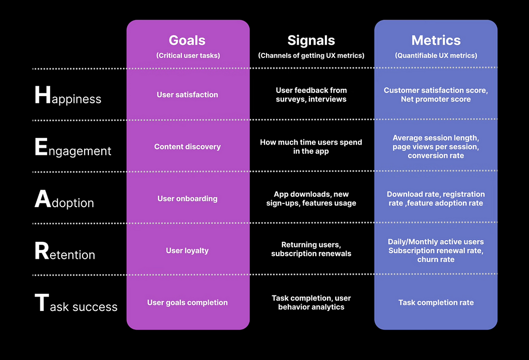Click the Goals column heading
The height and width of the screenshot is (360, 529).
(187, 40)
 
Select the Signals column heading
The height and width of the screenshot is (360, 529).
(311, 41)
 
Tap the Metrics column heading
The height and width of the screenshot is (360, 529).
(436, 40)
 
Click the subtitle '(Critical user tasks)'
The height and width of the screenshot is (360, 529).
(188, 56)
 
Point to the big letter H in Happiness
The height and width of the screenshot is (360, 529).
(43, 95)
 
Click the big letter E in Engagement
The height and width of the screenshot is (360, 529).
(41, 147)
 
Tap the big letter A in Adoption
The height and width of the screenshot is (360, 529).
(43, 199)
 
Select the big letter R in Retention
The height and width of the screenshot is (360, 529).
(42, 251)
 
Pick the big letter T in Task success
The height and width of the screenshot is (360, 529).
(42, 302)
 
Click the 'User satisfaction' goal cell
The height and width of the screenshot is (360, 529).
(187, 95)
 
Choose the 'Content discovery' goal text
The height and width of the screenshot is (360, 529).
(187, 147)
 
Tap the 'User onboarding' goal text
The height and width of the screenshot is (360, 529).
(187, 199)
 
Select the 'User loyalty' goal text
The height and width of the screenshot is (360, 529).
(187, 251)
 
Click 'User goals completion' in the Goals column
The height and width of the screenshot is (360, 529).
(187, 303)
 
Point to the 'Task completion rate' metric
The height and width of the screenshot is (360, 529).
(436, 303)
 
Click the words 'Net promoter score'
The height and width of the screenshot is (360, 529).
(436, 99)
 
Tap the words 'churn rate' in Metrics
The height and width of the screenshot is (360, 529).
(436, 259)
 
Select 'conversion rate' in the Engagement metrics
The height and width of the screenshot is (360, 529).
(436, 155)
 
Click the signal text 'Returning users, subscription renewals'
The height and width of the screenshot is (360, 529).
(311, 249)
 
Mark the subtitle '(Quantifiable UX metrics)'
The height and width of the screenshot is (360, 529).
(436, 56)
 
